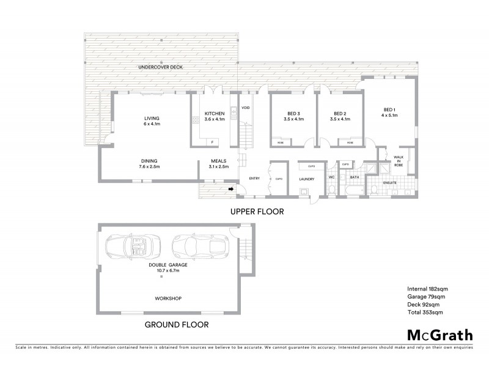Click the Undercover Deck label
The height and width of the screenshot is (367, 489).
click(x=161, y=67)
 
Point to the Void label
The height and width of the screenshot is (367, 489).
click(x=246, y=108)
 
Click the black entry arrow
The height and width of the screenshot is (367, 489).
click(x=232, y=190)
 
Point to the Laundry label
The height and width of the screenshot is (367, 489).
click(x=306, y=179)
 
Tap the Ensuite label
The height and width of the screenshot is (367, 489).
click(x=391, y=182)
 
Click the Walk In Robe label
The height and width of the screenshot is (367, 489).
click(x=398, y=161)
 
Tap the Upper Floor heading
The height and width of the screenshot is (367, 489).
click(x=256, y=212)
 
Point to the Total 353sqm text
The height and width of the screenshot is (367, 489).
click(x=424, y=312)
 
